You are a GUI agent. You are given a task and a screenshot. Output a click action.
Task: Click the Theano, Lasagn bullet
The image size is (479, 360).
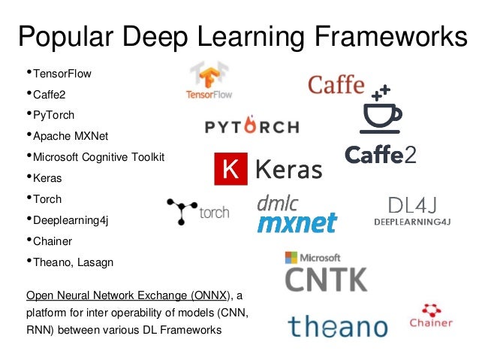pos(70,262)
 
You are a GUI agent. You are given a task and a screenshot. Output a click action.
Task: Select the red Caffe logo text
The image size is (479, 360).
pos(336,84)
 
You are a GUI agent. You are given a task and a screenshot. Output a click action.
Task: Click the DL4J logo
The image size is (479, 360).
pos(413,210)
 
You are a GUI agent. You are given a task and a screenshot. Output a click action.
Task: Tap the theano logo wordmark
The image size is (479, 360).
pos(338,326)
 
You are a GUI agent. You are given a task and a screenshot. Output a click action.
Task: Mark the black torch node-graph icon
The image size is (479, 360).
pos(182,211)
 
